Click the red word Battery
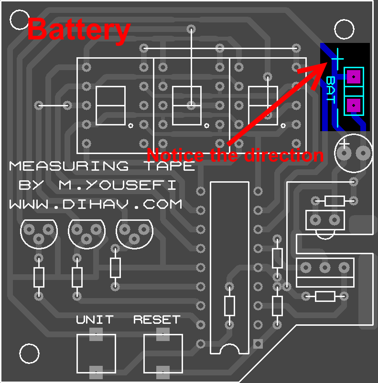click(x=79, y=30)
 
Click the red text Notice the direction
click(x=235, y=155)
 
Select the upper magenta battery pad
click(x=354, y=76)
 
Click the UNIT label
click(x=95, y=319)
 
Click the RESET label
click(x=157, y=319)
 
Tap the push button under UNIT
click(x=96, y=353)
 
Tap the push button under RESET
click(x=163, y=353)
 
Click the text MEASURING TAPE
click(x=102, y=166)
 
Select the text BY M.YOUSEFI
click(x=97, y=185)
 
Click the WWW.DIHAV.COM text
click(x=96, y=204)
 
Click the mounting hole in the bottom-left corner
click(x=29, y=353)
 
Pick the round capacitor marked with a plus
click(x=354, y=153)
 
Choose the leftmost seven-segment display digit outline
click(x=110, y=105)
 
